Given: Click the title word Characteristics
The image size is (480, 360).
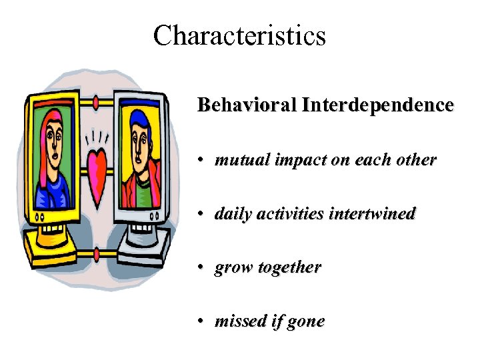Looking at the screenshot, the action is click(239, 35).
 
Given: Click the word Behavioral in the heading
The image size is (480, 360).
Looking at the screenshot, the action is click(247, 105).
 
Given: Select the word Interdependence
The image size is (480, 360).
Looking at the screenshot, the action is click(377, 105).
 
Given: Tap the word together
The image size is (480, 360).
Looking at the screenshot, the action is click(289, 268).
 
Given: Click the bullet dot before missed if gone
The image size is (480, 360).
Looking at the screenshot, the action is click(201, 322).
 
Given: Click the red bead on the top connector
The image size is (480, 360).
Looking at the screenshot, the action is click(98, 102).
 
